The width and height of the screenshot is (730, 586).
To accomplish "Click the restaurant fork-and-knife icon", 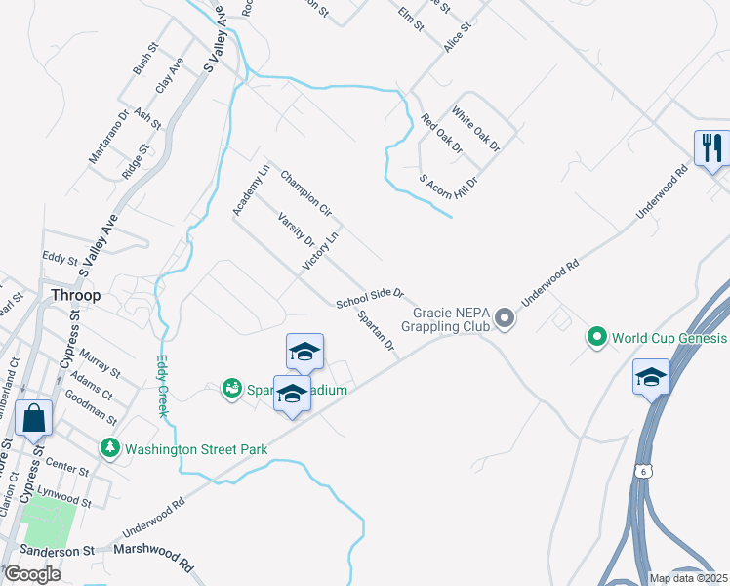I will [x=711, y=148].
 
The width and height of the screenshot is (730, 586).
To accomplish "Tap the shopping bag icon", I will [x=33, y=417].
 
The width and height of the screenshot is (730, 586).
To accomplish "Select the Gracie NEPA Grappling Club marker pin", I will [x=504, y=318].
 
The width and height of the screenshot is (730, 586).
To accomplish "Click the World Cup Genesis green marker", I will [x=596, y=338].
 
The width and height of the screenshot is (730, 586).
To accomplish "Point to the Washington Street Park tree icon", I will [x=110, y=448].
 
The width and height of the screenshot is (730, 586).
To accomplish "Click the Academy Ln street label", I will [x=250, y=190].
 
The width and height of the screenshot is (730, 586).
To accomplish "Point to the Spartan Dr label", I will [x=375, y=331].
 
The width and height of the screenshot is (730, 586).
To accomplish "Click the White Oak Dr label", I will [x=475, y=132].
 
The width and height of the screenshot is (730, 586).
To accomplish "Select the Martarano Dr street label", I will [x=109, y=136].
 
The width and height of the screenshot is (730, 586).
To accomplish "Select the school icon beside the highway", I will [x=651, y=378].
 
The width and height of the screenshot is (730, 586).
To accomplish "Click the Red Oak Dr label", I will [x=441, y=134].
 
